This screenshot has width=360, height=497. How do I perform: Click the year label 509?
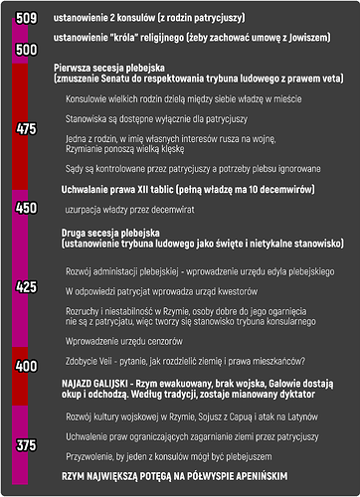tap(27, 17)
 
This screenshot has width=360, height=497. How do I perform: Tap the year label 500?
tap(27, 49)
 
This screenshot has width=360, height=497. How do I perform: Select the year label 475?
tap(27, 128)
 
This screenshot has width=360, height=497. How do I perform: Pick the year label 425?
tap(27, 286)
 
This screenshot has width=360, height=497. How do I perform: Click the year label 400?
tap(27, 366)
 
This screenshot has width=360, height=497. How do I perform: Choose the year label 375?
tap(27, 445)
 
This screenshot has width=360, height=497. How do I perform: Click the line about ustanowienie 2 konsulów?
tap(149, 18)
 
